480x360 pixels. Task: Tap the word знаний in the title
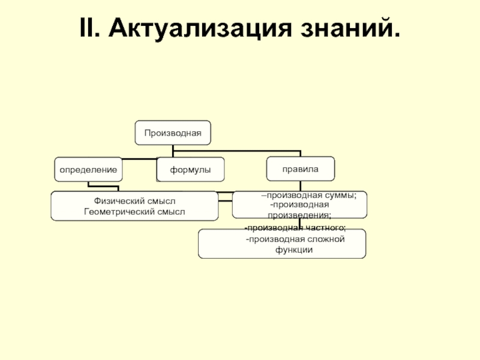(344, 28)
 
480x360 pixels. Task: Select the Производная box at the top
(172, 132)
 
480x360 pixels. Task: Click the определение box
(88, 170)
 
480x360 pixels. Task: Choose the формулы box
(190, 170)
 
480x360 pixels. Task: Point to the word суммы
(341, 195)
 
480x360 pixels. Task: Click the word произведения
(299, 214)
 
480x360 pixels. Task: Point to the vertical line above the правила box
(300, 154)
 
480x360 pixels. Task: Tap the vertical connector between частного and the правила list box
(300, 223)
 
